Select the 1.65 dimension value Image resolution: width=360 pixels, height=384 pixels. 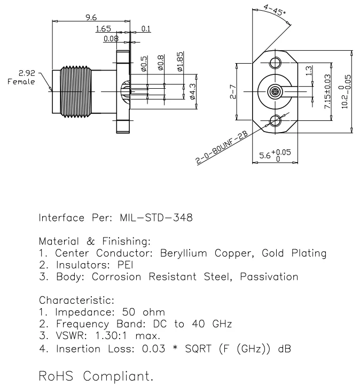pos(103,28)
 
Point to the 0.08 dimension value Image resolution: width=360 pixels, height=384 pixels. pos(111,39)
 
